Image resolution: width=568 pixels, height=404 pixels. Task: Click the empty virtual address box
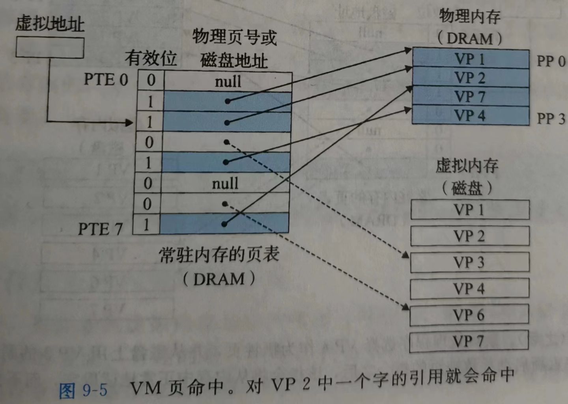point(50,48)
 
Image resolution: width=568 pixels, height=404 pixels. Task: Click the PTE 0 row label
point(106,80)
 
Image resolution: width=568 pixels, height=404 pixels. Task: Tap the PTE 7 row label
point(100,229)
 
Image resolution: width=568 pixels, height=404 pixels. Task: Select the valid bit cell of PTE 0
point(151,80)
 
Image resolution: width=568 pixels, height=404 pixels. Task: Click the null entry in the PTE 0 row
point(228,82)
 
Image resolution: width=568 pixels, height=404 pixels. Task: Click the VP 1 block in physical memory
point(470,59)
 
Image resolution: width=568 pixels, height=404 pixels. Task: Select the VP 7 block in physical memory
point(470,96)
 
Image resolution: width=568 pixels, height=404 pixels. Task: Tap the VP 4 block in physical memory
point(470,115)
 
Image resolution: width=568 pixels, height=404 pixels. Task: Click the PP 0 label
point(551,61)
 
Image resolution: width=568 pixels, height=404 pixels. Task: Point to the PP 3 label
point(551,118)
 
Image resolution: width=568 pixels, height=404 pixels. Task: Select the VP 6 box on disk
point(469,315)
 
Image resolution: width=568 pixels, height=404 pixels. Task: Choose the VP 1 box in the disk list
point(469,210)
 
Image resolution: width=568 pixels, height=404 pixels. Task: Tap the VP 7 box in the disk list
point(469,341)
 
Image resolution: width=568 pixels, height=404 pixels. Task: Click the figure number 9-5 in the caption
point(95,390)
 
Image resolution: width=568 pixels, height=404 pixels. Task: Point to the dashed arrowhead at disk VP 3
point(405,255)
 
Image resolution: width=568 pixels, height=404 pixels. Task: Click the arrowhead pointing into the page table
point(129,123)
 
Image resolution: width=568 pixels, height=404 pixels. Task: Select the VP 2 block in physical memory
point(470,77)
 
